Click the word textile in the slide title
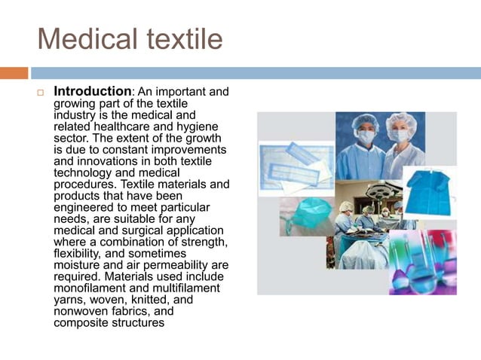click(182, 38)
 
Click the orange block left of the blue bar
click(14, 73)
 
